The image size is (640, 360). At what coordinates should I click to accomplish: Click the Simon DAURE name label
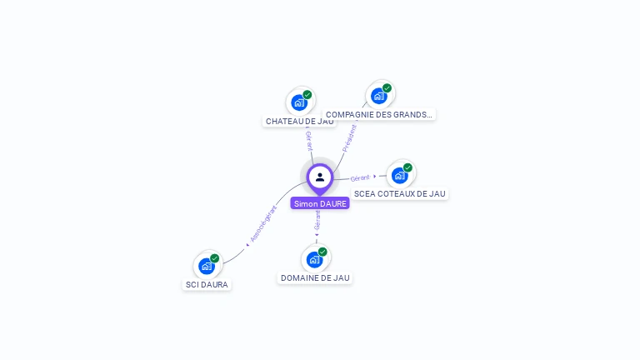(x=320, y=203)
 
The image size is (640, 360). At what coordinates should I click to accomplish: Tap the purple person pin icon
(x=320, y=177)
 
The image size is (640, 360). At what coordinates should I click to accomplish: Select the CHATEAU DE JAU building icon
(x=298, y=102)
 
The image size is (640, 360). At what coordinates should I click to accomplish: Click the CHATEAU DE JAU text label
(x=299, y=122)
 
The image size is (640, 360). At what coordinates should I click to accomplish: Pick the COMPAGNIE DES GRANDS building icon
(x=378, y=96)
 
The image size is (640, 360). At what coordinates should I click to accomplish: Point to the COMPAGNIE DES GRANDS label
(x=379, y=115)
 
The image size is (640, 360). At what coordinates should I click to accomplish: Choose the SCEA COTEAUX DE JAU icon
(x=399, y=175)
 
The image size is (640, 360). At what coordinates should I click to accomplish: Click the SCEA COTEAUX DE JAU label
(x=400, y=194)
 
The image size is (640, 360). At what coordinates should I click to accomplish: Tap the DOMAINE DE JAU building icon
(x=314, y=259)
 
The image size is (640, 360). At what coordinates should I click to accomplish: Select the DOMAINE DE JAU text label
(x=315, y=278)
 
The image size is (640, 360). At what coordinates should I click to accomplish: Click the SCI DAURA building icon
(x=206, y=266)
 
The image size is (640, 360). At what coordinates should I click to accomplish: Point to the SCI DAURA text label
(x=206, y=285)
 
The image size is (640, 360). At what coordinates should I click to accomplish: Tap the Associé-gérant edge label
(x=263, y=223)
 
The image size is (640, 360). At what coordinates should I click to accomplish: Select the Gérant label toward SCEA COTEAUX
(x=360, y=177)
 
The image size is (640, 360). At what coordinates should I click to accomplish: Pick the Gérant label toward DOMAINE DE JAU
(x=317, y=220)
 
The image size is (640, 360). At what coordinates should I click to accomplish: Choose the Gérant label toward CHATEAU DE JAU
(x=308, y=141)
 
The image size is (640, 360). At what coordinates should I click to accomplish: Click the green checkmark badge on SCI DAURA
(x=214, y=258)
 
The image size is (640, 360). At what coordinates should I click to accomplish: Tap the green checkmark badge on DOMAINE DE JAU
(x=322, y=252)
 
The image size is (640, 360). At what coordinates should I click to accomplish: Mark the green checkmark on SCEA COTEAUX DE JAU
(x=407, y=167)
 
